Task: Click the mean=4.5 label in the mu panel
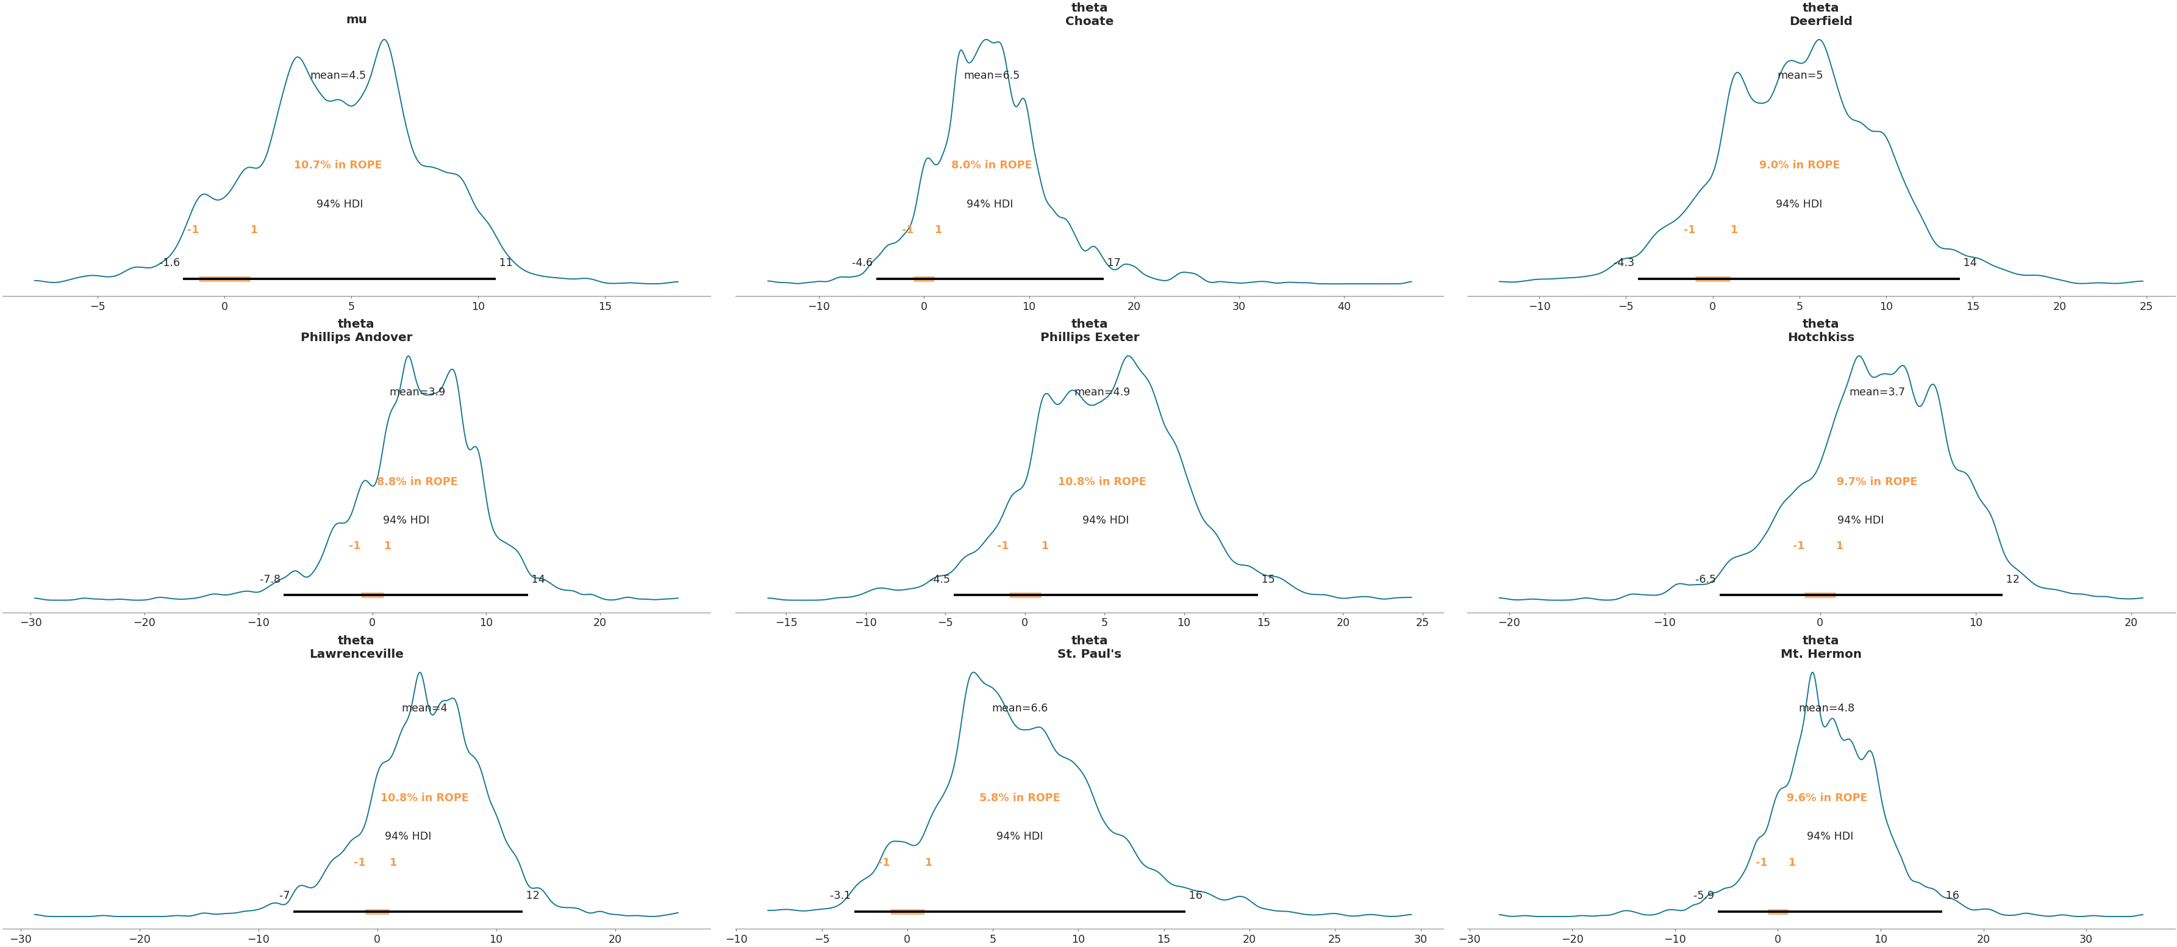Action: tap(338, 75)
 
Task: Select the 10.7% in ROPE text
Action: tap(337, 165)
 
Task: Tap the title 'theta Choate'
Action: tap(1088, 15)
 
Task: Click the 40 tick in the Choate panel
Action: tap(1344, 307)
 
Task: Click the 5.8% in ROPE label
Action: tap(1019, 798)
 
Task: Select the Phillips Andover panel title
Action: tap(356, 331)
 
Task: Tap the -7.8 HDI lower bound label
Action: tap(270, 579)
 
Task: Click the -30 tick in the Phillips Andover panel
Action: tap(31, 623)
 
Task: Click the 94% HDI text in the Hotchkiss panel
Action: tap(1860, 520)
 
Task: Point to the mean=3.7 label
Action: tap(1876, 392)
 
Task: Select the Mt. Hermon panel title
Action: tap(1820, 647)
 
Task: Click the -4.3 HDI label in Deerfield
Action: tap(1625, 263)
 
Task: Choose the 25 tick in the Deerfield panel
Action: tap(2146, 307)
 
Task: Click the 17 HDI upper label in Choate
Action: tap(1114, 263)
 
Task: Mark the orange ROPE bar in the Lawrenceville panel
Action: tap(377, 912)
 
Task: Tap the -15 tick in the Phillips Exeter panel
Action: tap(786, 623)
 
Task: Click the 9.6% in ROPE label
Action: tap(1826, 798)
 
